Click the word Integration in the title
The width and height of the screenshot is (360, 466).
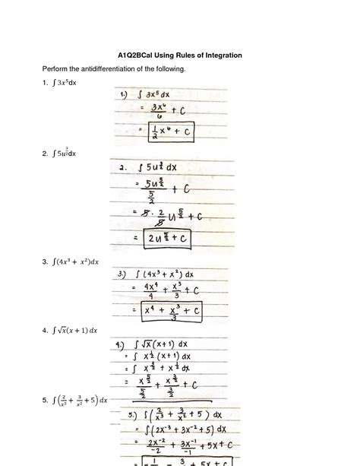(222, 55)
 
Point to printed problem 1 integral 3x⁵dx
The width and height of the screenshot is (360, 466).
(65, 82)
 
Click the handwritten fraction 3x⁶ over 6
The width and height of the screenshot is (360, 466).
(158, 111)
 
